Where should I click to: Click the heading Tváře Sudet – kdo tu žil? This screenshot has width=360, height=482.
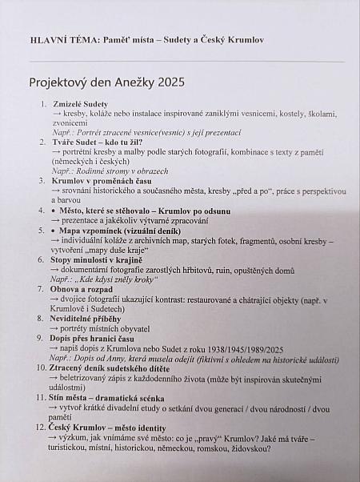point(97,142)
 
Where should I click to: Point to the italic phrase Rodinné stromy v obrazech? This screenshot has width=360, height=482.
point(122,171)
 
